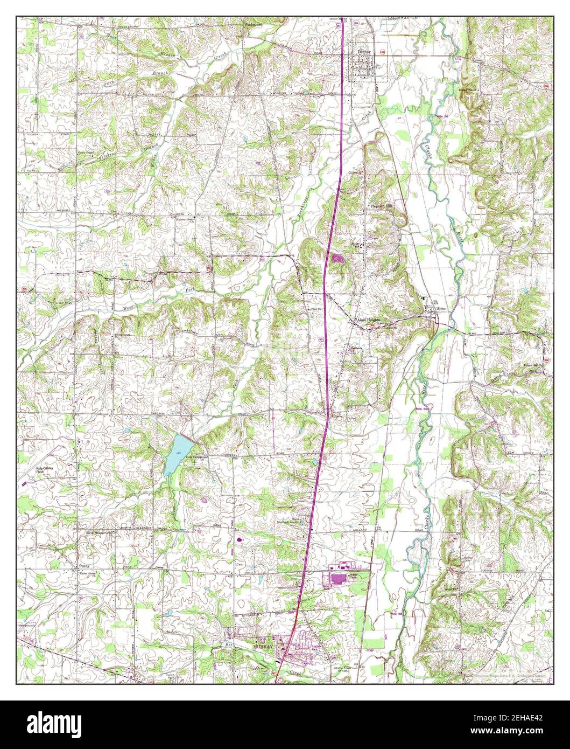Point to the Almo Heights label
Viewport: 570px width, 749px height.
(x=367, y=319)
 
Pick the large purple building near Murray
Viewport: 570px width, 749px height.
(x=339, y=579)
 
